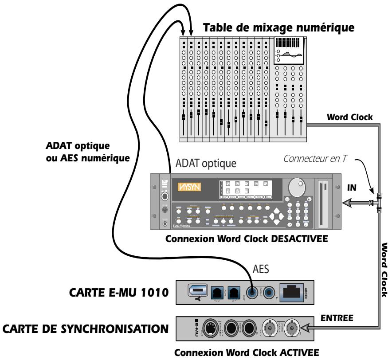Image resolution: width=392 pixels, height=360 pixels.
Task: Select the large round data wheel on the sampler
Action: (x=298, y=187)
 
